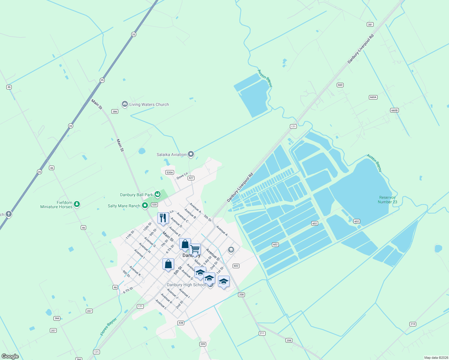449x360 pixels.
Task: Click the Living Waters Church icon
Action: (x=125, y=104)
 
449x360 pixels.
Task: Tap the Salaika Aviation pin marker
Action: (x=191, y=154)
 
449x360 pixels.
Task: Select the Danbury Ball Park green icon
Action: (x=158, y=194)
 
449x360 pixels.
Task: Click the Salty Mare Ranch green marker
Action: (x=145, y=205)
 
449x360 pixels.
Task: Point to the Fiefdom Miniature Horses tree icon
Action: (x=77, y=204)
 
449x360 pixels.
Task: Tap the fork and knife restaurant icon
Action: (x=163, y=218)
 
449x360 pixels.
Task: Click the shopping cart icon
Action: (x=195, y=249)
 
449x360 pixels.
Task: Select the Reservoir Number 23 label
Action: (x=387, y=200)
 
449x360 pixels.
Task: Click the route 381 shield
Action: (x=370, y=25)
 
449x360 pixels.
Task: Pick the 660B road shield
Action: (x=394, y=110)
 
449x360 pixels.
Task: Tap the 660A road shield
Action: (x=373, y=97)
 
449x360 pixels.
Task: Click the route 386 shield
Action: (x=115, y=112)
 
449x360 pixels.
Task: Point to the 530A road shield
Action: (x=170, y=172)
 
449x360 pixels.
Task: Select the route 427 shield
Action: (x=191, y=178)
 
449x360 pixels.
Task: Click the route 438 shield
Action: (x=180, y=323)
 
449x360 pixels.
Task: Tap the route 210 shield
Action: (x=413, y=324)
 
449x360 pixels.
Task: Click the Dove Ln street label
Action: (x=182, y=176)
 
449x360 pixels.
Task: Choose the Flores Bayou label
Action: (x=108, y=327)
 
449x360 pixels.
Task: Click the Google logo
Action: (x=10, y=356)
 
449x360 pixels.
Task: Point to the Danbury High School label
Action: (x=186, y=285)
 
